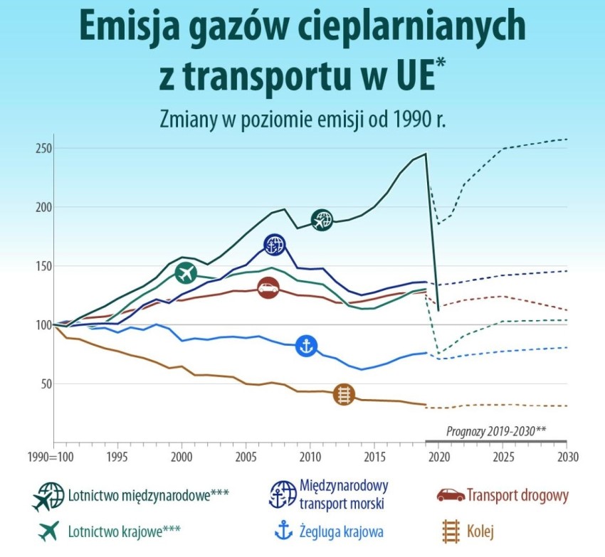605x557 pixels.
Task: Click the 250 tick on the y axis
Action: click(43, 148)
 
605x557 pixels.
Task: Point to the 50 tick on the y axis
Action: click(46, 384)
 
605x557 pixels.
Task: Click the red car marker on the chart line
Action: click(268, 289)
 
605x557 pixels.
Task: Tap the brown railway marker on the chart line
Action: click(344, 394)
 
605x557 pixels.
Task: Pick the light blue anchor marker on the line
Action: click(306, 346)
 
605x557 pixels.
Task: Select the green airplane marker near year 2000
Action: click(185, 272)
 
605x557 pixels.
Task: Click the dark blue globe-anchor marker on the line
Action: click(275, 245)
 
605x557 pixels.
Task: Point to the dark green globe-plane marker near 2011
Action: click(322, 220)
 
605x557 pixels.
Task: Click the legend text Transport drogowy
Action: click(517, 495)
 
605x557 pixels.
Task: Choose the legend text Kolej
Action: click(480, 531)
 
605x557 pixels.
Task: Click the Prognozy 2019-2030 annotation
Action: click(496, 431)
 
